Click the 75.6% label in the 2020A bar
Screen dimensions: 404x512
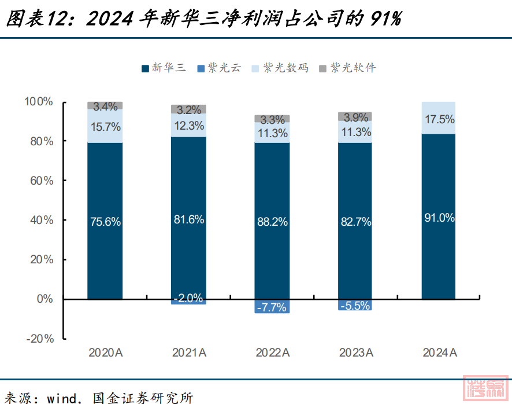pos(105,222)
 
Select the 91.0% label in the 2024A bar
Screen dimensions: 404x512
pos(439,218)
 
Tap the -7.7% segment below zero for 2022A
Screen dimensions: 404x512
pos(272,307)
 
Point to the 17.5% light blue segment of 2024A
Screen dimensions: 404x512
pos(439,119)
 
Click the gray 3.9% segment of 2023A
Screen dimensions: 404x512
pos(355,117)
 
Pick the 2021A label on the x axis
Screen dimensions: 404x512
pos(188,352)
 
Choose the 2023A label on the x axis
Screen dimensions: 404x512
pos(355,352)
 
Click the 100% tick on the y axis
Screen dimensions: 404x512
pos(39,102)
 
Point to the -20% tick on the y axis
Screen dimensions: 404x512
pos(39,339)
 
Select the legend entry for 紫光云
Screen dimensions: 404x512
pos(220,68)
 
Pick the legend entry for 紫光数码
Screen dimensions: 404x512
pos(280,68)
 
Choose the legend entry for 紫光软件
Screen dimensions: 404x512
pos(347,68)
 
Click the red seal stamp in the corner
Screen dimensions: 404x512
pos(486,389)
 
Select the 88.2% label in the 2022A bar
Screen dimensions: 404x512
pos(272,222)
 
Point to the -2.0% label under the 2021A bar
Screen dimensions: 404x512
pos(188,299)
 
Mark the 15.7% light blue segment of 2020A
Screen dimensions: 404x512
pos(105,127)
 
